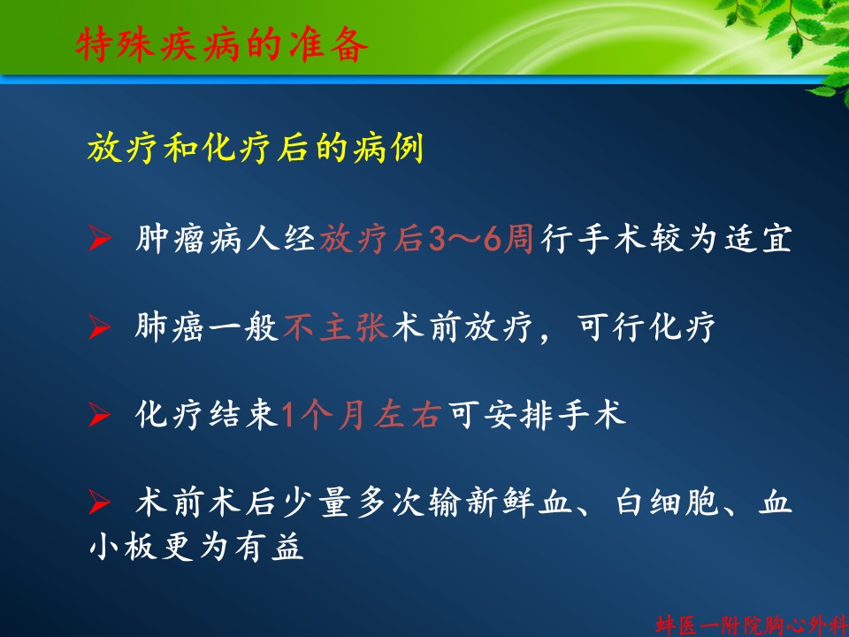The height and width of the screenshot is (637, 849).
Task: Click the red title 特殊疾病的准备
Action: click(221, 44)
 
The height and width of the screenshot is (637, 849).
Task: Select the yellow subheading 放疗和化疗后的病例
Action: click(255, 147)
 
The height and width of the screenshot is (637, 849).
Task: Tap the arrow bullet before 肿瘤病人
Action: click(100, 238)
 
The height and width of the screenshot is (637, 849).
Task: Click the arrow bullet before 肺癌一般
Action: click(100, 327)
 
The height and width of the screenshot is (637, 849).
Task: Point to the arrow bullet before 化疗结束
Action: click(100, 416)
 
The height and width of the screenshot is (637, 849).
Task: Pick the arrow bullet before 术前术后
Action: click(100, 503)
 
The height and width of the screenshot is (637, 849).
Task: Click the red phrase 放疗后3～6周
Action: click(426, 238)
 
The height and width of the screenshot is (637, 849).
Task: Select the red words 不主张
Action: click(336, 327)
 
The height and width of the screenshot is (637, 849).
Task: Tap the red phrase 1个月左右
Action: click(361, 416)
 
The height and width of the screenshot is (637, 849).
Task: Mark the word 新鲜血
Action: click(519, 503)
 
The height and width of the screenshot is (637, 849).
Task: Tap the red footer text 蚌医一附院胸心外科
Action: click(752, 625)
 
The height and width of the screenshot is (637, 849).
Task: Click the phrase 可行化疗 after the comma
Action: click(646, 327)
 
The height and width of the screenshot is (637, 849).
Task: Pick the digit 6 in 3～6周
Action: click(493, 239)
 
